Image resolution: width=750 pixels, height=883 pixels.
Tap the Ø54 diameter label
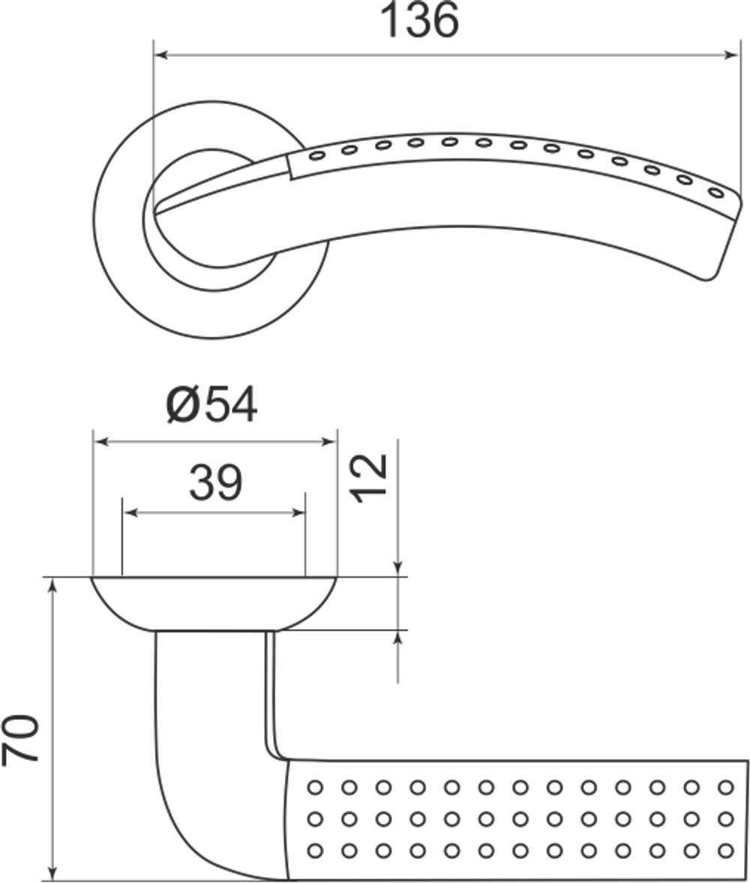[212, 406]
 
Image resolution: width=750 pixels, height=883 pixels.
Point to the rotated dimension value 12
[371, 478]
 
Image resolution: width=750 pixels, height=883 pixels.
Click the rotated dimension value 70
[21, 738]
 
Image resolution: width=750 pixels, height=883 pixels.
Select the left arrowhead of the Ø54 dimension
[100, 442]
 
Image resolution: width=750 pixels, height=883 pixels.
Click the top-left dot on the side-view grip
[314, 787]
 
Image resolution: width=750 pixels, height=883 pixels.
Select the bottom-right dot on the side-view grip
[724, 851]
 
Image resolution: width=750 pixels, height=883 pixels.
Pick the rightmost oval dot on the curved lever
[716, 193]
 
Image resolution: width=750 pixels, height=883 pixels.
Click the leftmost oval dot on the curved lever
[316, 155]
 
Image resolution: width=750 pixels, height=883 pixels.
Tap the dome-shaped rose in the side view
[214, 604]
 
